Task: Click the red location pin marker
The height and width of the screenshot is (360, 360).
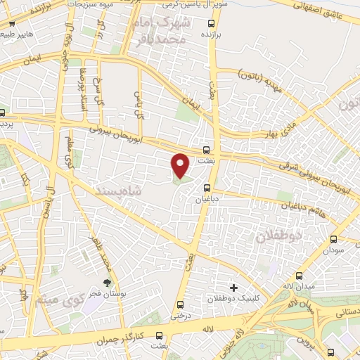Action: point(181,165)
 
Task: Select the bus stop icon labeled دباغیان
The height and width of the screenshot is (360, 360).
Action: point(207,188)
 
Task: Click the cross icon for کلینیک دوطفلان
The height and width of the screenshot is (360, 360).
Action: point(234,287)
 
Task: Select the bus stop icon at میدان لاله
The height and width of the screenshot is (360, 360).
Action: point(300,275)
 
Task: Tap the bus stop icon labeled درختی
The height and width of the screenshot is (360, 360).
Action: point(181,304)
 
